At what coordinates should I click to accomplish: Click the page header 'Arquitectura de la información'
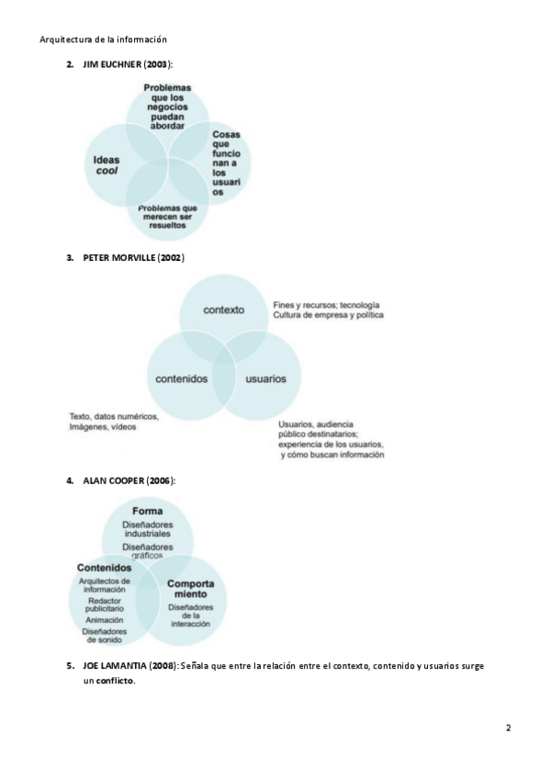(x=104, y=40)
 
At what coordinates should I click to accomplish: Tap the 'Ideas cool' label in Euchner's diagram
(x=107, y=165)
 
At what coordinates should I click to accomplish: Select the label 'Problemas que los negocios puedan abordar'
(x=168, y=107)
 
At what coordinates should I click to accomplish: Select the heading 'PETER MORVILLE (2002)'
(x=133, y=258)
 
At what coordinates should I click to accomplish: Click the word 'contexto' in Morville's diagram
(x=224, y=310)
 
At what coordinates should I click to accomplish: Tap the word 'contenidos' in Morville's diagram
(x=180, y=378)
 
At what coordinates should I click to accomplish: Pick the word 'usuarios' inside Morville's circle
(x=265, y=378)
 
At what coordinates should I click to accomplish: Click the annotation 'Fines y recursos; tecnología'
(x=326, y=304)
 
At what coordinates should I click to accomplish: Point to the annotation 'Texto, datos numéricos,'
(x=114, y=416)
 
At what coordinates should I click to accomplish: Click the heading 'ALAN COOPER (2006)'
(x=129, y=480)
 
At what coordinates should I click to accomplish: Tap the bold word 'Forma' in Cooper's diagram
(x=147, y=511)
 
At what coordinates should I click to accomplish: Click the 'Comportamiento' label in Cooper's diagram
(x=191, y=589)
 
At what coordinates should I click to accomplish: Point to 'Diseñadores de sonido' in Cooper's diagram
(x=104, y=636)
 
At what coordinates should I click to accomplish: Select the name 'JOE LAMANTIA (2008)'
(x=129, y=665)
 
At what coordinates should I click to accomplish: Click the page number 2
(x=508, y=728)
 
